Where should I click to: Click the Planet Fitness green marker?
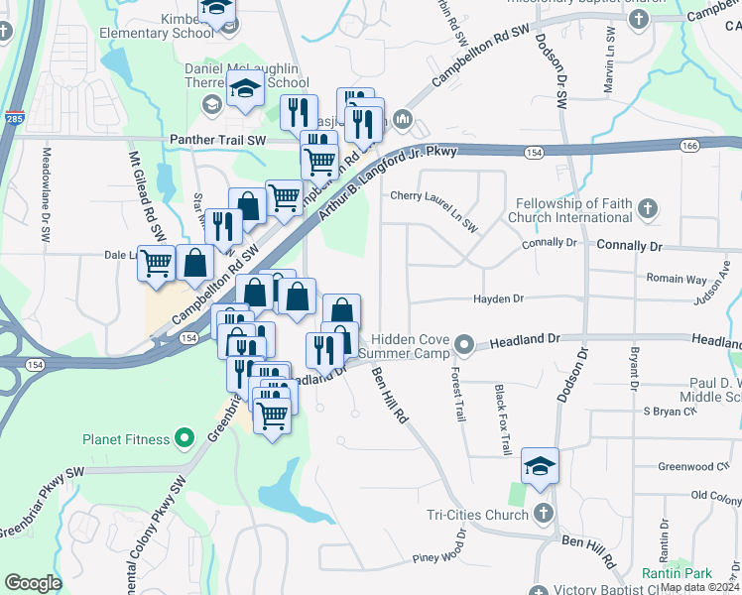click(x=184, y=437)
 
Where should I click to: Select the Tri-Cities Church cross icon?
click(x=542, y=514)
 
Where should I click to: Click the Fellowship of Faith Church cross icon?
click(x=647, y=209)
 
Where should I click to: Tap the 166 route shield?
click(x=689, y=146)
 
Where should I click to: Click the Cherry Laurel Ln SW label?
click(x=433, y=210)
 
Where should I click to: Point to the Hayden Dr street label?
click(x=498, y=297)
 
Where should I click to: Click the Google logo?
click(x=33, y=583)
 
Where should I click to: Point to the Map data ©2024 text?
click(x=699, y=587)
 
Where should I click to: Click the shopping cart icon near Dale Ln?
click(x=157, y=264)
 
